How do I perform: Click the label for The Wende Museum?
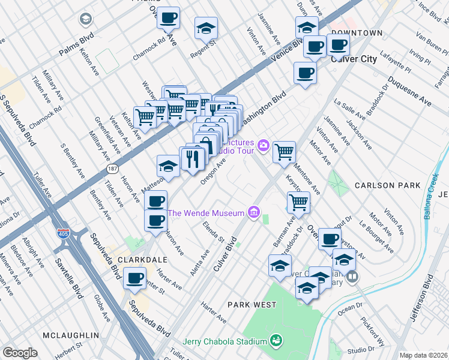[x=205, y=213]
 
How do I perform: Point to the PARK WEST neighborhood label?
[x=252, y=305]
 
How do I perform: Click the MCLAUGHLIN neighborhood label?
[x=70, y=334]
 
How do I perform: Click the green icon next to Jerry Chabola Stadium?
[x=276, y=341]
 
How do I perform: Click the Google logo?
[x=20, y=353]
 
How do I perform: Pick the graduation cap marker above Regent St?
[x=206, y=29]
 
